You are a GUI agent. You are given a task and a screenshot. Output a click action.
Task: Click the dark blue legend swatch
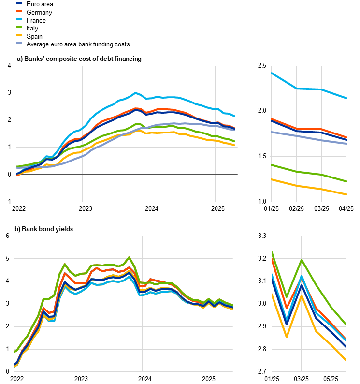pyautogui.click(x=19, y=3)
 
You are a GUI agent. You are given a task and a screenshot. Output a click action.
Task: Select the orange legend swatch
pyautogui.click(x=19, y=11)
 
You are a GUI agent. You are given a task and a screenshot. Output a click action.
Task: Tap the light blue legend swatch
pyautogui.click(x=19, y=19)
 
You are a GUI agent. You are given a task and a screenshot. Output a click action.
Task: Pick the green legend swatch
pyautogui.click(x=19, y=27)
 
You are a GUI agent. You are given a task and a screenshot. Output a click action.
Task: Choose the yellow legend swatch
pyautogui.click(x=19, y=35)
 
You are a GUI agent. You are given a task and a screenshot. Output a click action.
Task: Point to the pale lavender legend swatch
pyautogui.click(x=19, y=43)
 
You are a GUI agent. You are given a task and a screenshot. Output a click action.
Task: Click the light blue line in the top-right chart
pyautogui.click(x=309, y=89)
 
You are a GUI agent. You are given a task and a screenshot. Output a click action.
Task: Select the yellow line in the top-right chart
pyautogui.click(x=309, y=187)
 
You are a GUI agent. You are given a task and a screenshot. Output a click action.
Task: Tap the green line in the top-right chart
pyautogui.click(x=309, y=173)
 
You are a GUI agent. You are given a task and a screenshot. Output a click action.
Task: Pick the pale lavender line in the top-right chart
pyautogui.click(x=309, y=138)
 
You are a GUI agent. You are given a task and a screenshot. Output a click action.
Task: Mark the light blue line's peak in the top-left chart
pyautogui.click(x=135, y=93)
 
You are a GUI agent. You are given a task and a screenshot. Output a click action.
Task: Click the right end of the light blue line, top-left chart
pyautogui.click(x=235, y=116)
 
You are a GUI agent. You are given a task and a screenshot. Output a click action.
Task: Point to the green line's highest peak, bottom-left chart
pyautogui.click(x=129, y=257)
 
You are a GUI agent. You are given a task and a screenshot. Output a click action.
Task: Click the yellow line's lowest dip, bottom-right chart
pyautogui.click(x=287, y=337)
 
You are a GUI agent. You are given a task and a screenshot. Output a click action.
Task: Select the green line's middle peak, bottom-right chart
pyautogui.click(x=302, y=260)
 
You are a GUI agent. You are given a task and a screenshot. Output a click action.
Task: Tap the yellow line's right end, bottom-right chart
pyautogui.click(x=346, y=360)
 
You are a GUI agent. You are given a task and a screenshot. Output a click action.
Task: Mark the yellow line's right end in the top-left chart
pyautogui.click(x=235, y=145)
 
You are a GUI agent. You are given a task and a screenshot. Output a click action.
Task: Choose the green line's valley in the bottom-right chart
pyautogui.click(x=287, y=296)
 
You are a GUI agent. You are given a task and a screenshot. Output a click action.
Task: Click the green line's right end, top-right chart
pyautogui.click(x=346, y=181)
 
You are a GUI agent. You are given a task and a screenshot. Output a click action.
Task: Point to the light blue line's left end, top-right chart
pyautogui.click(x=272, y=73)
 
